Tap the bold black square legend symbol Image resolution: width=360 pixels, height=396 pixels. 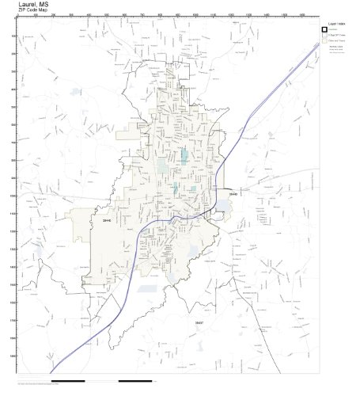click(324, 30)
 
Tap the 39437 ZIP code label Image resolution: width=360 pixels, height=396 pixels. click(199, 322)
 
